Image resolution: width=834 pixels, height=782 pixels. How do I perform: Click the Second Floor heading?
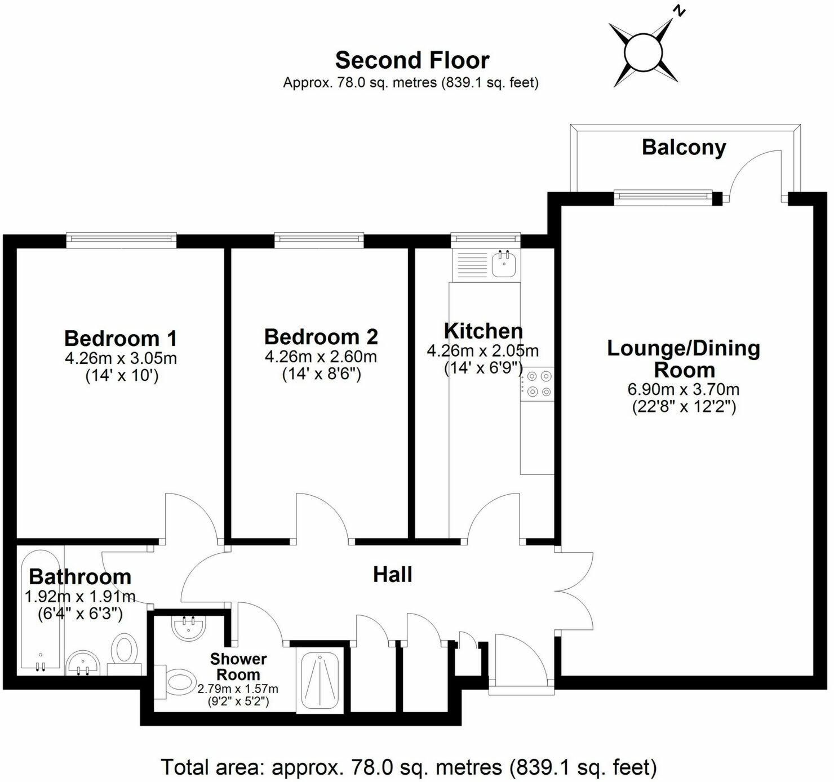click(x=412, y=60)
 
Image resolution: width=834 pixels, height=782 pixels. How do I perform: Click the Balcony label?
click(x=684, y=148)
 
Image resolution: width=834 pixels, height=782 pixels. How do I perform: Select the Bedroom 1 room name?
click(x=121, y=338)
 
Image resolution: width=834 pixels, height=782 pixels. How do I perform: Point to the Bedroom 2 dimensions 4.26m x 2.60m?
click(x=321, y=357)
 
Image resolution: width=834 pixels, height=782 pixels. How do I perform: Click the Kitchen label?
click(x=483, y=331)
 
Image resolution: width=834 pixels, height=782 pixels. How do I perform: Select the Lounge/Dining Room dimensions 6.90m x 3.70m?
click(x=683, y=389)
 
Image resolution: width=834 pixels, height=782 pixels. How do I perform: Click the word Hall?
click(x=392, y=575)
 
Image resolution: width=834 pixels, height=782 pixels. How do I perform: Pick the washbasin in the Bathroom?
click(x=83, y=663)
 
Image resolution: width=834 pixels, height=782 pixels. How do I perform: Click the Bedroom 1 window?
click(x=121, y=238)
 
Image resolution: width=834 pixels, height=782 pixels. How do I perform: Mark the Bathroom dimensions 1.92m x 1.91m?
click(x=80, y=597)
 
